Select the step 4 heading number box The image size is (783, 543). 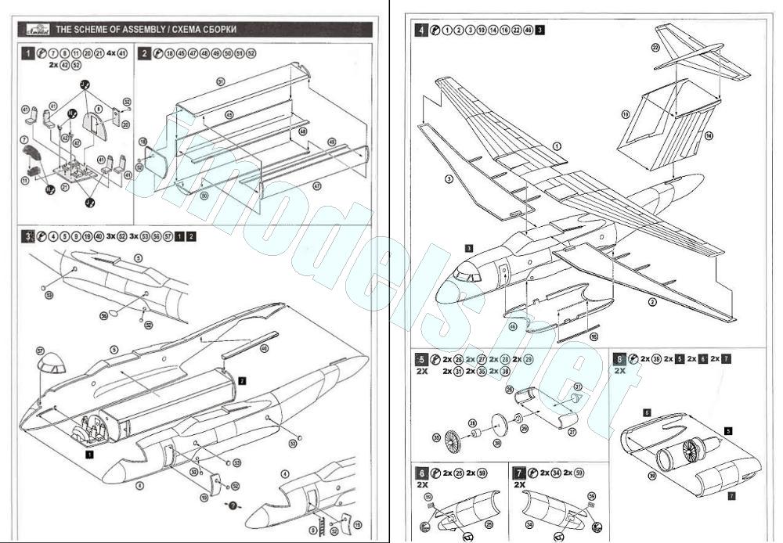pyautogui.click(x=423, y=31)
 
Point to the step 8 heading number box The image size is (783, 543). pyautogui.click(x=620, y=360)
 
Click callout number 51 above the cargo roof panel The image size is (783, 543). pyautogui.click(x=221, y=80)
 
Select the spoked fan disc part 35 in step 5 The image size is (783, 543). pyautogui.click(x=453, y=442)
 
